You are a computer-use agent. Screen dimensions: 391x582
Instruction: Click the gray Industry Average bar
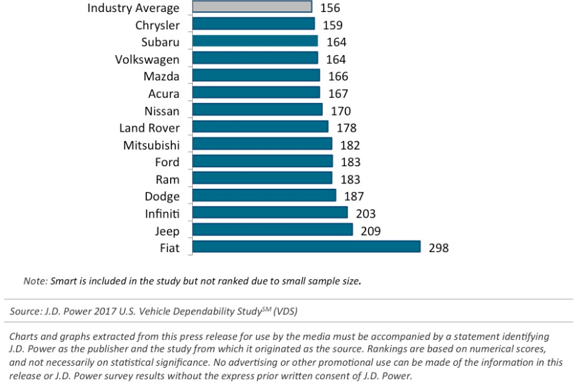click(x=252, y=7)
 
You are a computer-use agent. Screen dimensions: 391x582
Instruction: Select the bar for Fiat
click(x=306, y=247)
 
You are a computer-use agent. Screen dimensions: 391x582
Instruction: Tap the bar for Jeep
click(x=272, y=230)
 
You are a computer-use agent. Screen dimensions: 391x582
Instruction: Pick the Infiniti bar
click(x=270, y=213)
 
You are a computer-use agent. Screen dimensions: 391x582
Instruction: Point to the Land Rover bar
click(x=260, y=127)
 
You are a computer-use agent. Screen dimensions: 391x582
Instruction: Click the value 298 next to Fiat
click(x=438, y=248)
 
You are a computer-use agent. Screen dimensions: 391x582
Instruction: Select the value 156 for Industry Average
click(x=331, y=8)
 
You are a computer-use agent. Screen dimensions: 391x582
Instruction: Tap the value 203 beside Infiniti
click(x=365, y=213)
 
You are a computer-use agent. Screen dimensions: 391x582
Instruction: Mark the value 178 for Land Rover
click(x=346, y=128)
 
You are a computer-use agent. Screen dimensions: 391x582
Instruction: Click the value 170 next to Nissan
click(x=340, y=111)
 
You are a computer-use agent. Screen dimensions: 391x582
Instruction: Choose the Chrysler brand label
click(x=157, y=25)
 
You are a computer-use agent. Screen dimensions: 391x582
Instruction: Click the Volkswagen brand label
click(x=147, y=59)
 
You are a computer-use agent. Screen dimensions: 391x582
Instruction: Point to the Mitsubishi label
click(x=151, y=145)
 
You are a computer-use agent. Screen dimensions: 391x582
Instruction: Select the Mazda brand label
click(x=161, y=76)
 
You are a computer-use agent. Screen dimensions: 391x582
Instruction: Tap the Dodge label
click(x=162, y=196)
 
